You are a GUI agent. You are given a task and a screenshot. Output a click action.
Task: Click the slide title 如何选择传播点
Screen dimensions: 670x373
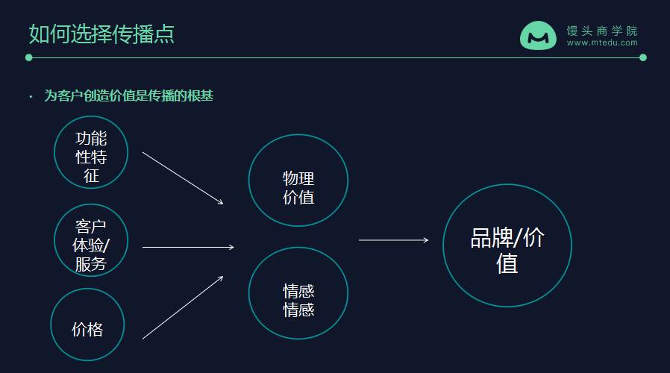(x=101, y=34)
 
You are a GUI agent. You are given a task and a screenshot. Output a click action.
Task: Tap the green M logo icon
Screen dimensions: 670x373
(x=538, y=35)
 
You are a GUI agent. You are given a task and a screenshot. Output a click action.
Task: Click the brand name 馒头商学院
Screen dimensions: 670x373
(x=602, y=31)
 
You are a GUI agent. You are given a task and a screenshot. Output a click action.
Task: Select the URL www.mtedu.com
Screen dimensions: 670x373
(x=602, y=43)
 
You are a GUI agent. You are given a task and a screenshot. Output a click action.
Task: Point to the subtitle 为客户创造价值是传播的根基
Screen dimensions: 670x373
(x=129, y=95)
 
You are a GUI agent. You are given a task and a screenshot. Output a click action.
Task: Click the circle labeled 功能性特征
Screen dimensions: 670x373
(x=91, y=152)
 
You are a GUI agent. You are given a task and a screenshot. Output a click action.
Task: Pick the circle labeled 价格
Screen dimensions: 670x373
(x=87, y=325)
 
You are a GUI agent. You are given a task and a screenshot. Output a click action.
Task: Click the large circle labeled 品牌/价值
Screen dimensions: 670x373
(x=507, y=245)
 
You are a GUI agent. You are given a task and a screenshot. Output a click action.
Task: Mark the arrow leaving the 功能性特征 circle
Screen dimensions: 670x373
(x=183, y=178)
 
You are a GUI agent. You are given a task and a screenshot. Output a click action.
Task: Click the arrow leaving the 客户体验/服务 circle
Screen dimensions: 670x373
(x=187, y=247)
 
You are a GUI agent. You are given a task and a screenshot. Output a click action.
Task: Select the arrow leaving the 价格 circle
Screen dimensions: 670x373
(x=183, y=307)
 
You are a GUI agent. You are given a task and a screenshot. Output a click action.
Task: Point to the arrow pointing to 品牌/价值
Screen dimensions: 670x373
(x=393, y=240)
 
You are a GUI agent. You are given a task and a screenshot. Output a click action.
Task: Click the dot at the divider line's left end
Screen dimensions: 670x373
(x=29, y=57)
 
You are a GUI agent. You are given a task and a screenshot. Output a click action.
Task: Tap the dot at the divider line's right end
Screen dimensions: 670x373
(x=643, y=57)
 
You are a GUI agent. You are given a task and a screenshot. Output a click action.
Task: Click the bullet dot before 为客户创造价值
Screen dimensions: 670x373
(x=31, y=96)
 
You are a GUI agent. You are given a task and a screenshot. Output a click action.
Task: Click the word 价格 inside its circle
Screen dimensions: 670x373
(x=87, y=329)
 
